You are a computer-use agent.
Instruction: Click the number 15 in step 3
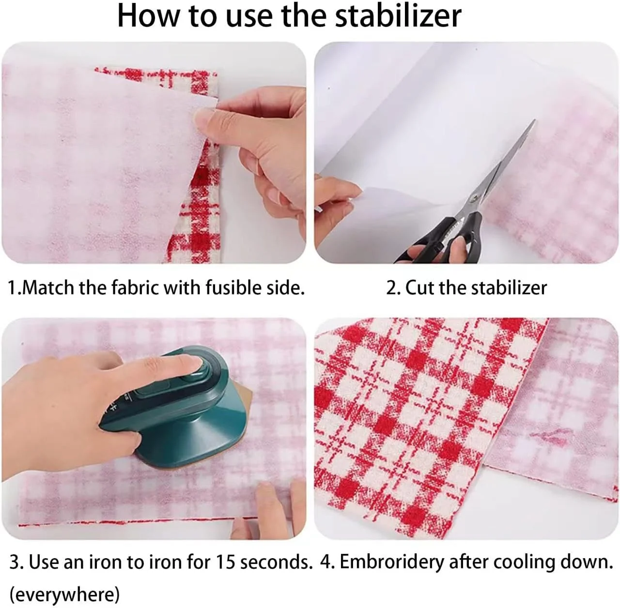225,562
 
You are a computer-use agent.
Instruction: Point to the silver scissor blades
502,161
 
